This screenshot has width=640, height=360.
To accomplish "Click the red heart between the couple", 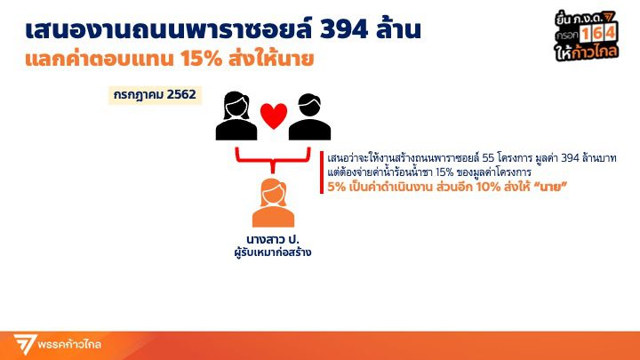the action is coord(274,116).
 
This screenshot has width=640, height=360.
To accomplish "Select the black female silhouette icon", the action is coord(236,116).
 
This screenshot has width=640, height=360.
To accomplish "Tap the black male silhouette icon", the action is coord(309,117).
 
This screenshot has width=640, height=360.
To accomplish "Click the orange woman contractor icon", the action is coord(273,203).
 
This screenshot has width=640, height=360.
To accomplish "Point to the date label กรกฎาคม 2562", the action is coord(155,95).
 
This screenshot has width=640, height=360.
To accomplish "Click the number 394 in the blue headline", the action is coord(344,30).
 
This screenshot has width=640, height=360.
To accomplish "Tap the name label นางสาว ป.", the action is coord(273,239).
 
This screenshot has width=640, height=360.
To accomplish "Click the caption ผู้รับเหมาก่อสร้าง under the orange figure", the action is coord(273,252).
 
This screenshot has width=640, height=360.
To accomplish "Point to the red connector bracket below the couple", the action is coord(273,160).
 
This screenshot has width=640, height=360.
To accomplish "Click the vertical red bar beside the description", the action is coord(322,172).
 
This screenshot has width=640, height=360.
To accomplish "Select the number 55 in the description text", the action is coord(488,158).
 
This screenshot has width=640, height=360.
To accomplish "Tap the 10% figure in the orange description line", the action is coord(488,187).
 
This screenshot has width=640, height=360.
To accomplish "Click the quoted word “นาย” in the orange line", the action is coord(550,187).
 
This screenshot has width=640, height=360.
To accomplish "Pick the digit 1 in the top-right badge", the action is coord(586,34).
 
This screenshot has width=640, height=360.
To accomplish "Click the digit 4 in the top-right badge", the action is coord(610,33).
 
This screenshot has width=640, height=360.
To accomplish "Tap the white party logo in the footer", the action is coord(24,344).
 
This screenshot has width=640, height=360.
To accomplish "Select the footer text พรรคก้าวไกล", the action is coord(69,345).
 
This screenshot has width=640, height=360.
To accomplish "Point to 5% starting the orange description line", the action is coord(336,187).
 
